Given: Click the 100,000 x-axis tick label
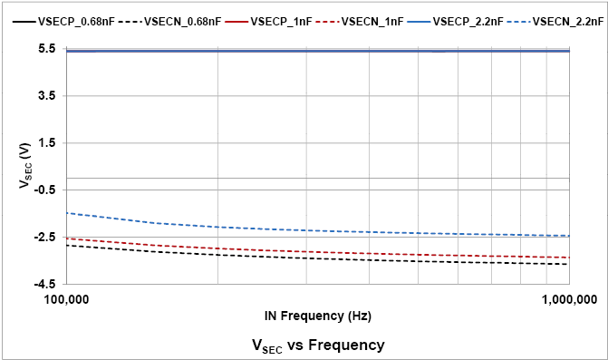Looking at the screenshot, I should click(x=65, y=298).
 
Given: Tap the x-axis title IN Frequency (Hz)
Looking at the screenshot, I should click(x=317, y=316).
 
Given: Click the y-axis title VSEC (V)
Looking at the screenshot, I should click(x=24, y=166).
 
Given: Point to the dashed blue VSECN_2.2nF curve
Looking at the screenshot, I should click(x=272, y=229).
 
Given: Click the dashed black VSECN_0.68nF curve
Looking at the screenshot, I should click(x=272, y=258).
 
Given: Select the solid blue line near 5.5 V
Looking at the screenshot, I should click(x=317, y=51).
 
